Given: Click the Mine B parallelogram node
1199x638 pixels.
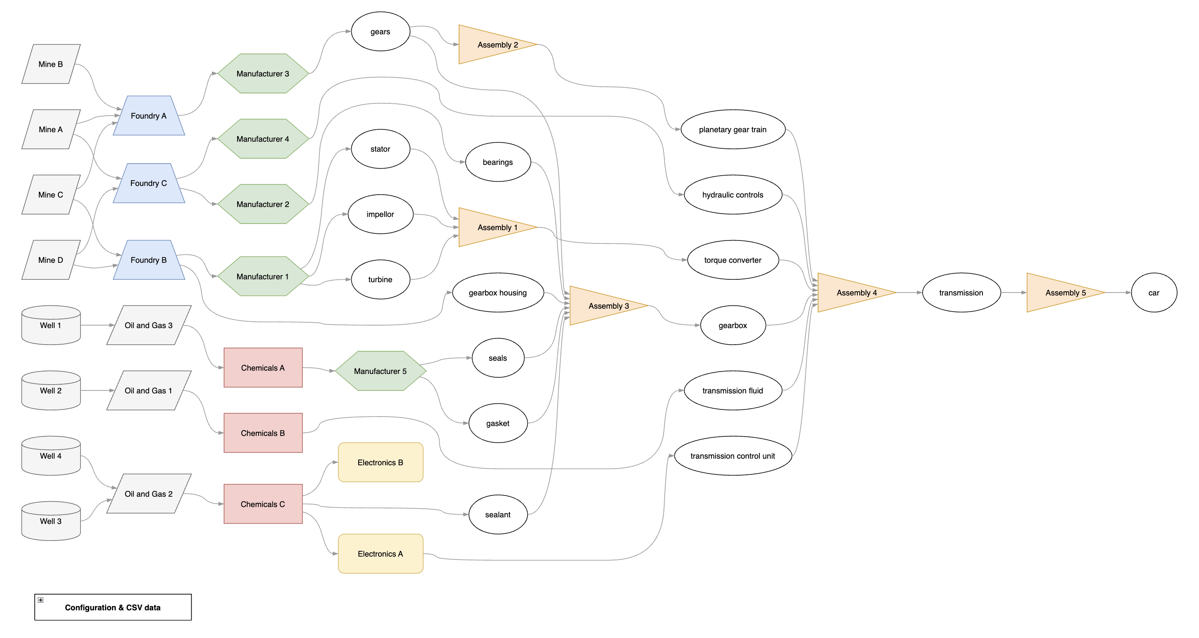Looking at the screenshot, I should click(51, 64).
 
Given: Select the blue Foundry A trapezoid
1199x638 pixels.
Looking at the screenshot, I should click(148, 116).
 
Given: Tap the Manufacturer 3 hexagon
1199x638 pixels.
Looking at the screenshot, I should click(262, 74).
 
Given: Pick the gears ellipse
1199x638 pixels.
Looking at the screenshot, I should click(380, 32).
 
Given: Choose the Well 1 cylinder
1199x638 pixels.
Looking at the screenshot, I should click(51, 325).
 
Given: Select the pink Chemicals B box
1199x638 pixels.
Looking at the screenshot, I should click(263, 433).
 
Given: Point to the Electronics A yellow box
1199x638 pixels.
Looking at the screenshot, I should click(380, 554).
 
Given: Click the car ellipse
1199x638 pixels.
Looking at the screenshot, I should click(1154, 293).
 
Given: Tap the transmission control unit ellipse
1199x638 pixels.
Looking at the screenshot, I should click(733, 456).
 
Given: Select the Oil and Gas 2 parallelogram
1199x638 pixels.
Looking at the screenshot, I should click(148, 494).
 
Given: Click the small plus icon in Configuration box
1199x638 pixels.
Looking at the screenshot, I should click(40, 600).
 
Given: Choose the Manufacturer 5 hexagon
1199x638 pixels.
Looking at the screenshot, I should click(380, 371).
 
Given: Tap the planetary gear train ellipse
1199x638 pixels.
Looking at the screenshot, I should click(733, 129).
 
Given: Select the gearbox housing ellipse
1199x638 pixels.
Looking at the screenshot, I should click(497, 293).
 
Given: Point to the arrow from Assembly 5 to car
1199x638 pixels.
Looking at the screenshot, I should click(1117, 293).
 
